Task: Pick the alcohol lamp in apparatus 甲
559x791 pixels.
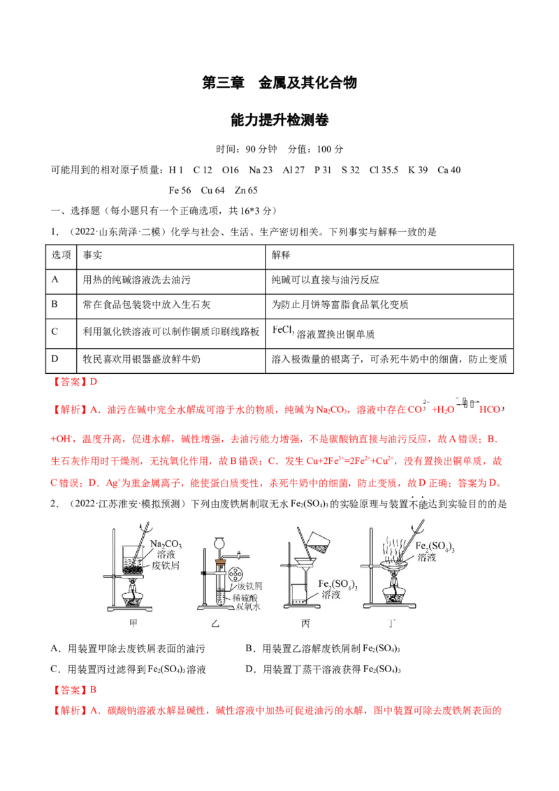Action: (x=131, y=600)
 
